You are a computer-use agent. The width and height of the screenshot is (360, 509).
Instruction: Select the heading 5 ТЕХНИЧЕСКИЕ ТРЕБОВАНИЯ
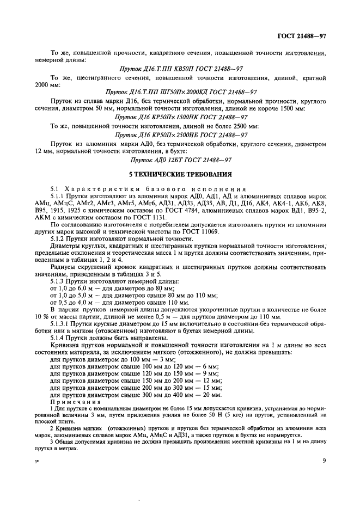click(x=180, y=175)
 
